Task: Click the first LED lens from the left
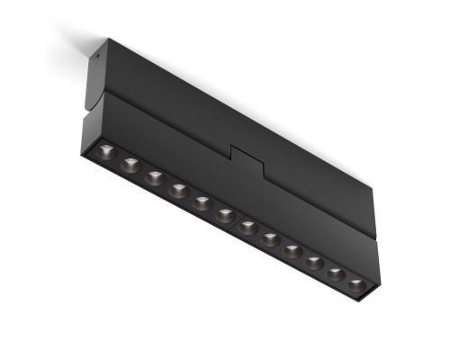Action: point(107,152)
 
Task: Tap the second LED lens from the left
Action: point(131,165)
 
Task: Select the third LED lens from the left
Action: point(155,176)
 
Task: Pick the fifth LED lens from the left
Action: point(202,202)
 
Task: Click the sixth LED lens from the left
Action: point(225,214)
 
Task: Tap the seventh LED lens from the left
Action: point(248,227)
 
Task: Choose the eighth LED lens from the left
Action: point(271,238)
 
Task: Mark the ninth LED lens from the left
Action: point(293,251)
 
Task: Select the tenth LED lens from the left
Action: point(315,263)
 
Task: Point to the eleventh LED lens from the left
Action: point(337,274)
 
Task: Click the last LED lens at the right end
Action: point(357,286)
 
